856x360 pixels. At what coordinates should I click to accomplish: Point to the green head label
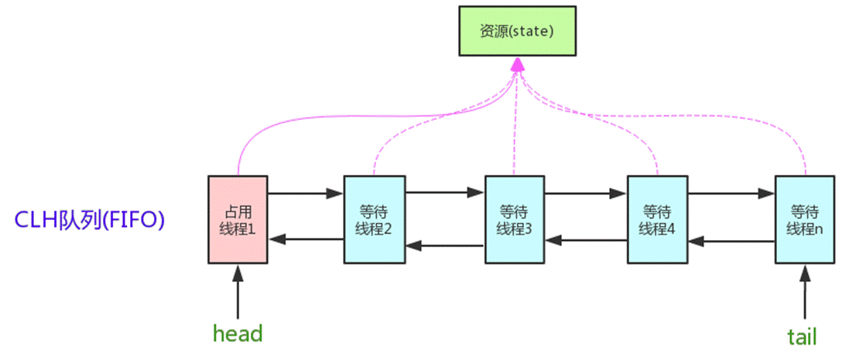(x=238, y=334)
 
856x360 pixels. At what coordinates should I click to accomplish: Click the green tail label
(x=802, y=336)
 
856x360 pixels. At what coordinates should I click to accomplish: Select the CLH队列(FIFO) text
(x=91, y=220)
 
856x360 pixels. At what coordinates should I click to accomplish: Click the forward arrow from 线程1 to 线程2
(x=305, y=192)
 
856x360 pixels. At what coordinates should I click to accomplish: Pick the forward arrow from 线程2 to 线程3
(x=444, y=192)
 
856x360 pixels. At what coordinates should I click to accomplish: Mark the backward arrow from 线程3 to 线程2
(x=444, y=246)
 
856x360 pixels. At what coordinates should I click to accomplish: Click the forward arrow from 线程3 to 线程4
(x=585, y=192)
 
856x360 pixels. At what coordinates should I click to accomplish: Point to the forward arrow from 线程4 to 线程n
(x=731, y=192)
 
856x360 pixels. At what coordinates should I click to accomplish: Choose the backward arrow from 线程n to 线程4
(x=731, y=242)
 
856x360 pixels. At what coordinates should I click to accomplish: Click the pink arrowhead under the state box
(x=517, y=69)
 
